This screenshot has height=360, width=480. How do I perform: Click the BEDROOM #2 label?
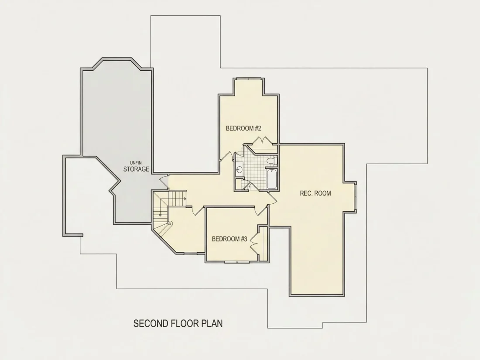(243, 128)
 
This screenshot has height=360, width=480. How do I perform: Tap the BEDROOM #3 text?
(230, 239)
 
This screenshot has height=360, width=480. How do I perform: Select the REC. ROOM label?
(315, 193)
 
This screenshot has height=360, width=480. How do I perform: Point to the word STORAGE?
(136, 169)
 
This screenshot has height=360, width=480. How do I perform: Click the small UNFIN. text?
(136, 163)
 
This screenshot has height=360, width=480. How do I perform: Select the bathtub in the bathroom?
(272, 179)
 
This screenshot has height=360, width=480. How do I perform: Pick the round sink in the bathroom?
(239, 169)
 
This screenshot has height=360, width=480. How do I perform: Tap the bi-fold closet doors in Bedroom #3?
(254, 244)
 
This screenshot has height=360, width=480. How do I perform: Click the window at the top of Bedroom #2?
(249, 79)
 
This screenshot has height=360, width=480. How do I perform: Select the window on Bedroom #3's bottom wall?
(237, 262)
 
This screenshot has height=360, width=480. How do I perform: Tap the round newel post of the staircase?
(169, 223)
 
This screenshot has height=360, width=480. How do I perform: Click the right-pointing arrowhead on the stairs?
(185, 199)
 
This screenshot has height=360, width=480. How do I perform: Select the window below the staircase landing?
(191, 253)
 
